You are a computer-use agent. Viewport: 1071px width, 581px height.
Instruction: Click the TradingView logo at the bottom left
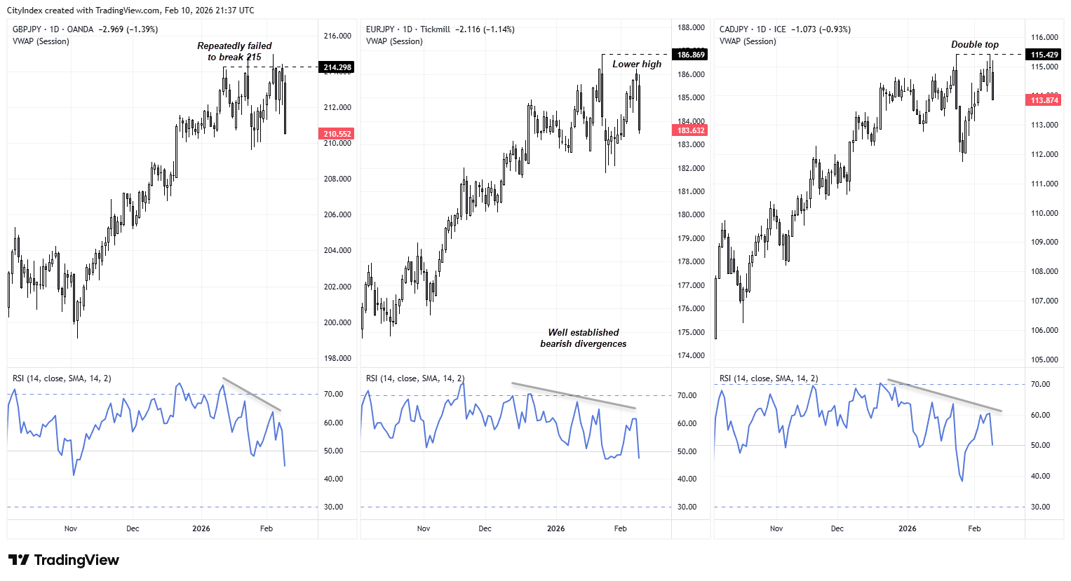pos(64,560)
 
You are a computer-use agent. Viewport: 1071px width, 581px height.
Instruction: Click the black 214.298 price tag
pos(337,67)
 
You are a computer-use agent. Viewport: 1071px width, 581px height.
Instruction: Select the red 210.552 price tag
pos(337,134)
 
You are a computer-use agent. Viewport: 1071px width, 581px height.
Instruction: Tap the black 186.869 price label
pos(691,55)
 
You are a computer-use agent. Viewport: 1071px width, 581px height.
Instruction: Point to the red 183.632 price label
pos(691,130)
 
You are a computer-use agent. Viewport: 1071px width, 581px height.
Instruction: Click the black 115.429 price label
pos(1044,55)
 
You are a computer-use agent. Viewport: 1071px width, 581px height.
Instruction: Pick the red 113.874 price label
pos(1044,100)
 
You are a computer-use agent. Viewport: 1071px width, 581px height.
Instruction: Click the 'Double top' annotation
pos(975,44)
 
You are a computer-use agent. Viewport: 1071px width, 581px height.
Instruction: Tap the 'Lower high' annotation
pos(637,64)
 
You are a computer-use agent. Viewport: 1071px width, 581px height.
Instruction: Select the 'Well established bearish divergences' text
pos(584,338)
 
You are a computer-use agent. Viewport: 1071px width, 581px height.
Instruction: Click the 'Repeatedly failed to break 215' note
pos(234,51)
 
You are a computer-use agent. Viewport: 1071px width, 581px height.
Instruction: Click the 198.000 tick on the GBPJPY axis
pos(337,358)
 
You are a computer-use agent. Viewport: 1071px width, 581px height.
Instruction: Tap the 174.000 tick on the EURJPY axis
pos(691,355)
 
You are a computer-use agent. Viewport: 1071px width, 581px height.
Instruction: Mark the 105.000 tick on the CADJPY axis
pos(1044,360)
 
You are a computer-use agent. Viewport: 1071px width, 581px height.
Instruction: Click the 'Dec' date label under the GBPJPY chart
pos(133,528)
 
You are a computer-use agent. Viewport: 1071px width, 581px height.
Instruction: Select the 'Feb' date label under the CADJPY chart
pos(974,528)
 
